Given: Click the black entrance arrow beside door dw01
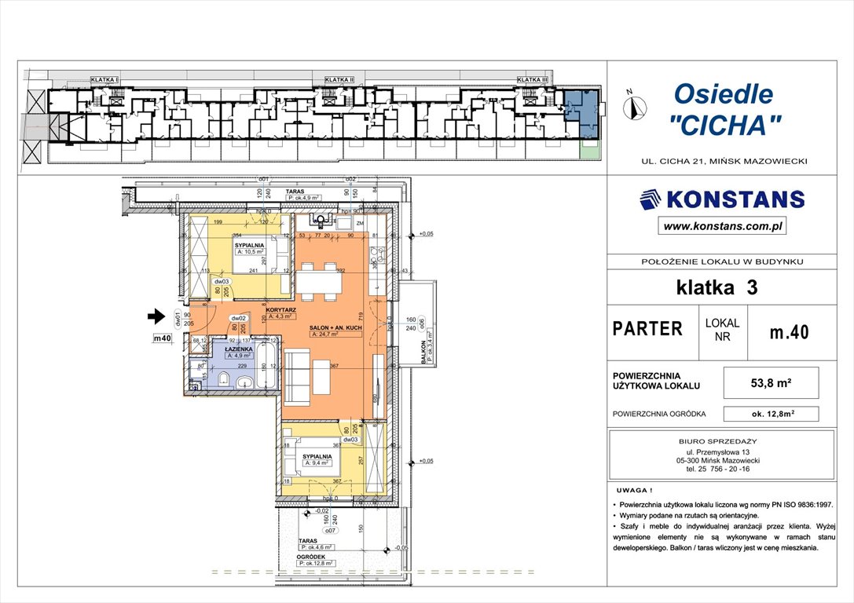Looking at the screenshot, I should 156,317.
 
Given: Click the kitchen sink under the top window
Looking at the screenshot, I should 321,218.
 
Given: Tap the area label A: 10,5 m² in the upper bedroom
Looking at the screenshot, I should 252,253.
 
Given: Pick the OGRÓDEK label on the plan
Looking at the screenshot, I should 311,556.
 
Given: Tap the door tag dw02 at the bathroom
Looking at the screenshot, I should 234,318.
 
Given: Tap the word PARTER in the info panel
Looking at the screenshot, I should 647,329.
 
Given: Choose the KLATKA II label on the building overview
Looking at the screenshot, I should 339,80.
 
